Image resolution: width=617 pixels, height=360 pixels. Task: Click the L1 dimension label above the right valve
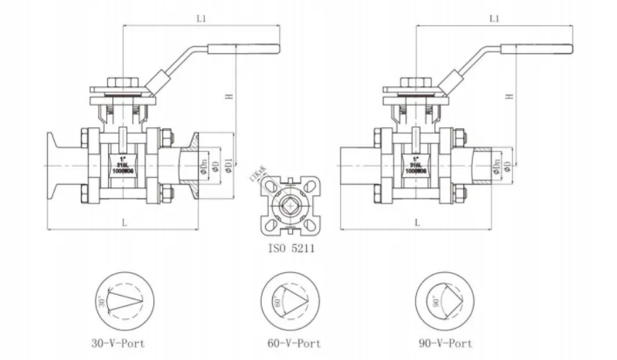(x=494, y=19)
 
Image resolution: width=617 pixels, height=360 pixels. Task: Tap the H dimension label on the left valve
(x=228, y=97)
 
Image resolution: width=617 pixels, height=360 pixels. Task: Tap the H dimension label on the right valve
(x=509, y=97)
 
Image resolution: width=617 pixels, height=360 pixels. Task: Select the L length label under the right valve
(x=418, y=222)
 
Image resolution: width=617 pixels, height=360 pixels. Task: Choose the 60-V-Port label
(x=294, y=343)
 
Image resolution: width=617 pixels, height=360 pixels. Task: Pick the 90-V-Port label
(x=445, y=343)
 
